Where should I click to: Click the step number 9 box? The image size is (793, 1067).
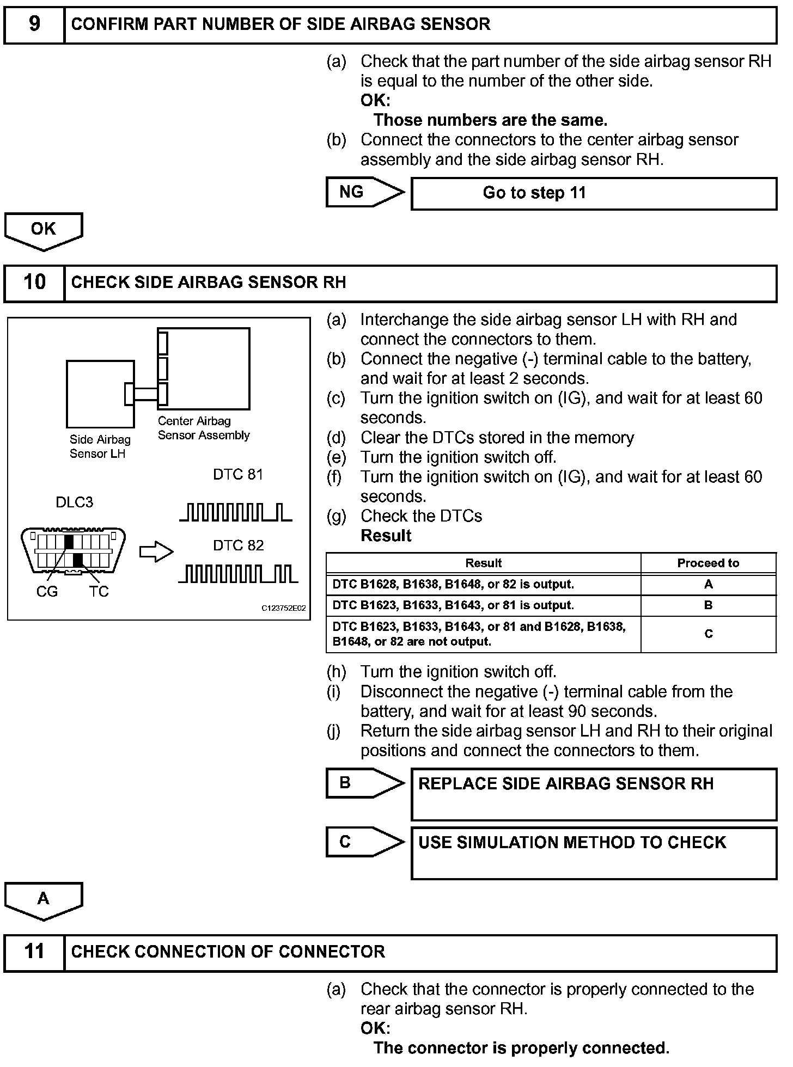[x=34, y=24]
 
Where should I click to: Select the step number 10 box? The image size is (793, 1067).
[x=34, y=283]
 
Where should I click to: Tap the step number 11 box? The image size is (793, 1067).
[x=34, y=952]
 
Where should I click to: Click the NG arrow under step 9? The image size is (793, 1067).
[x=364, y=192]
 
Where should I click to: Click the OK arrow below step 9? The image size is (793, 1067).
[x=44, y=230]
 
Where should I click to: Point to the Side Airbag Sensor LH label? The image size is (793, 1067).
[x=100, y=447]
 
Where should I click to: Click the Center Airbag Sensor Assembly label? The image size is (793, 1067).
[x=203, y=428]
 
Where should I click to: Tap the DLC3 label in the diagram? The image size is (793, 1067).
[x=75, y=502]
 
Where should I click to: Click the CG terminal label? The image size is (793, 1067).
[x=47, y=592]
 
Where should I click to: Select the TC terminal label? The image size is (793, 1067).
[x=99, y=592]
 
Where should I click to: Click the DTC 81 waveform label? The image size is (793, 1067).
[x=238, y=475]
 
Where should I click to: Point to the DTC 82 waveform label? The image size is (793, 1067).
[x=238, y=545]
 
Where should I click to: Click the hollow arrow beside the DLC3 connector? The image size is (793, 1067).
[x=156, y=552]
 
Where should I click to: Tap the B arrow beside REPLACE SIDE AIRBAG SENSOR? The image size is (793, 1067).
[x=364, y=783]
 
